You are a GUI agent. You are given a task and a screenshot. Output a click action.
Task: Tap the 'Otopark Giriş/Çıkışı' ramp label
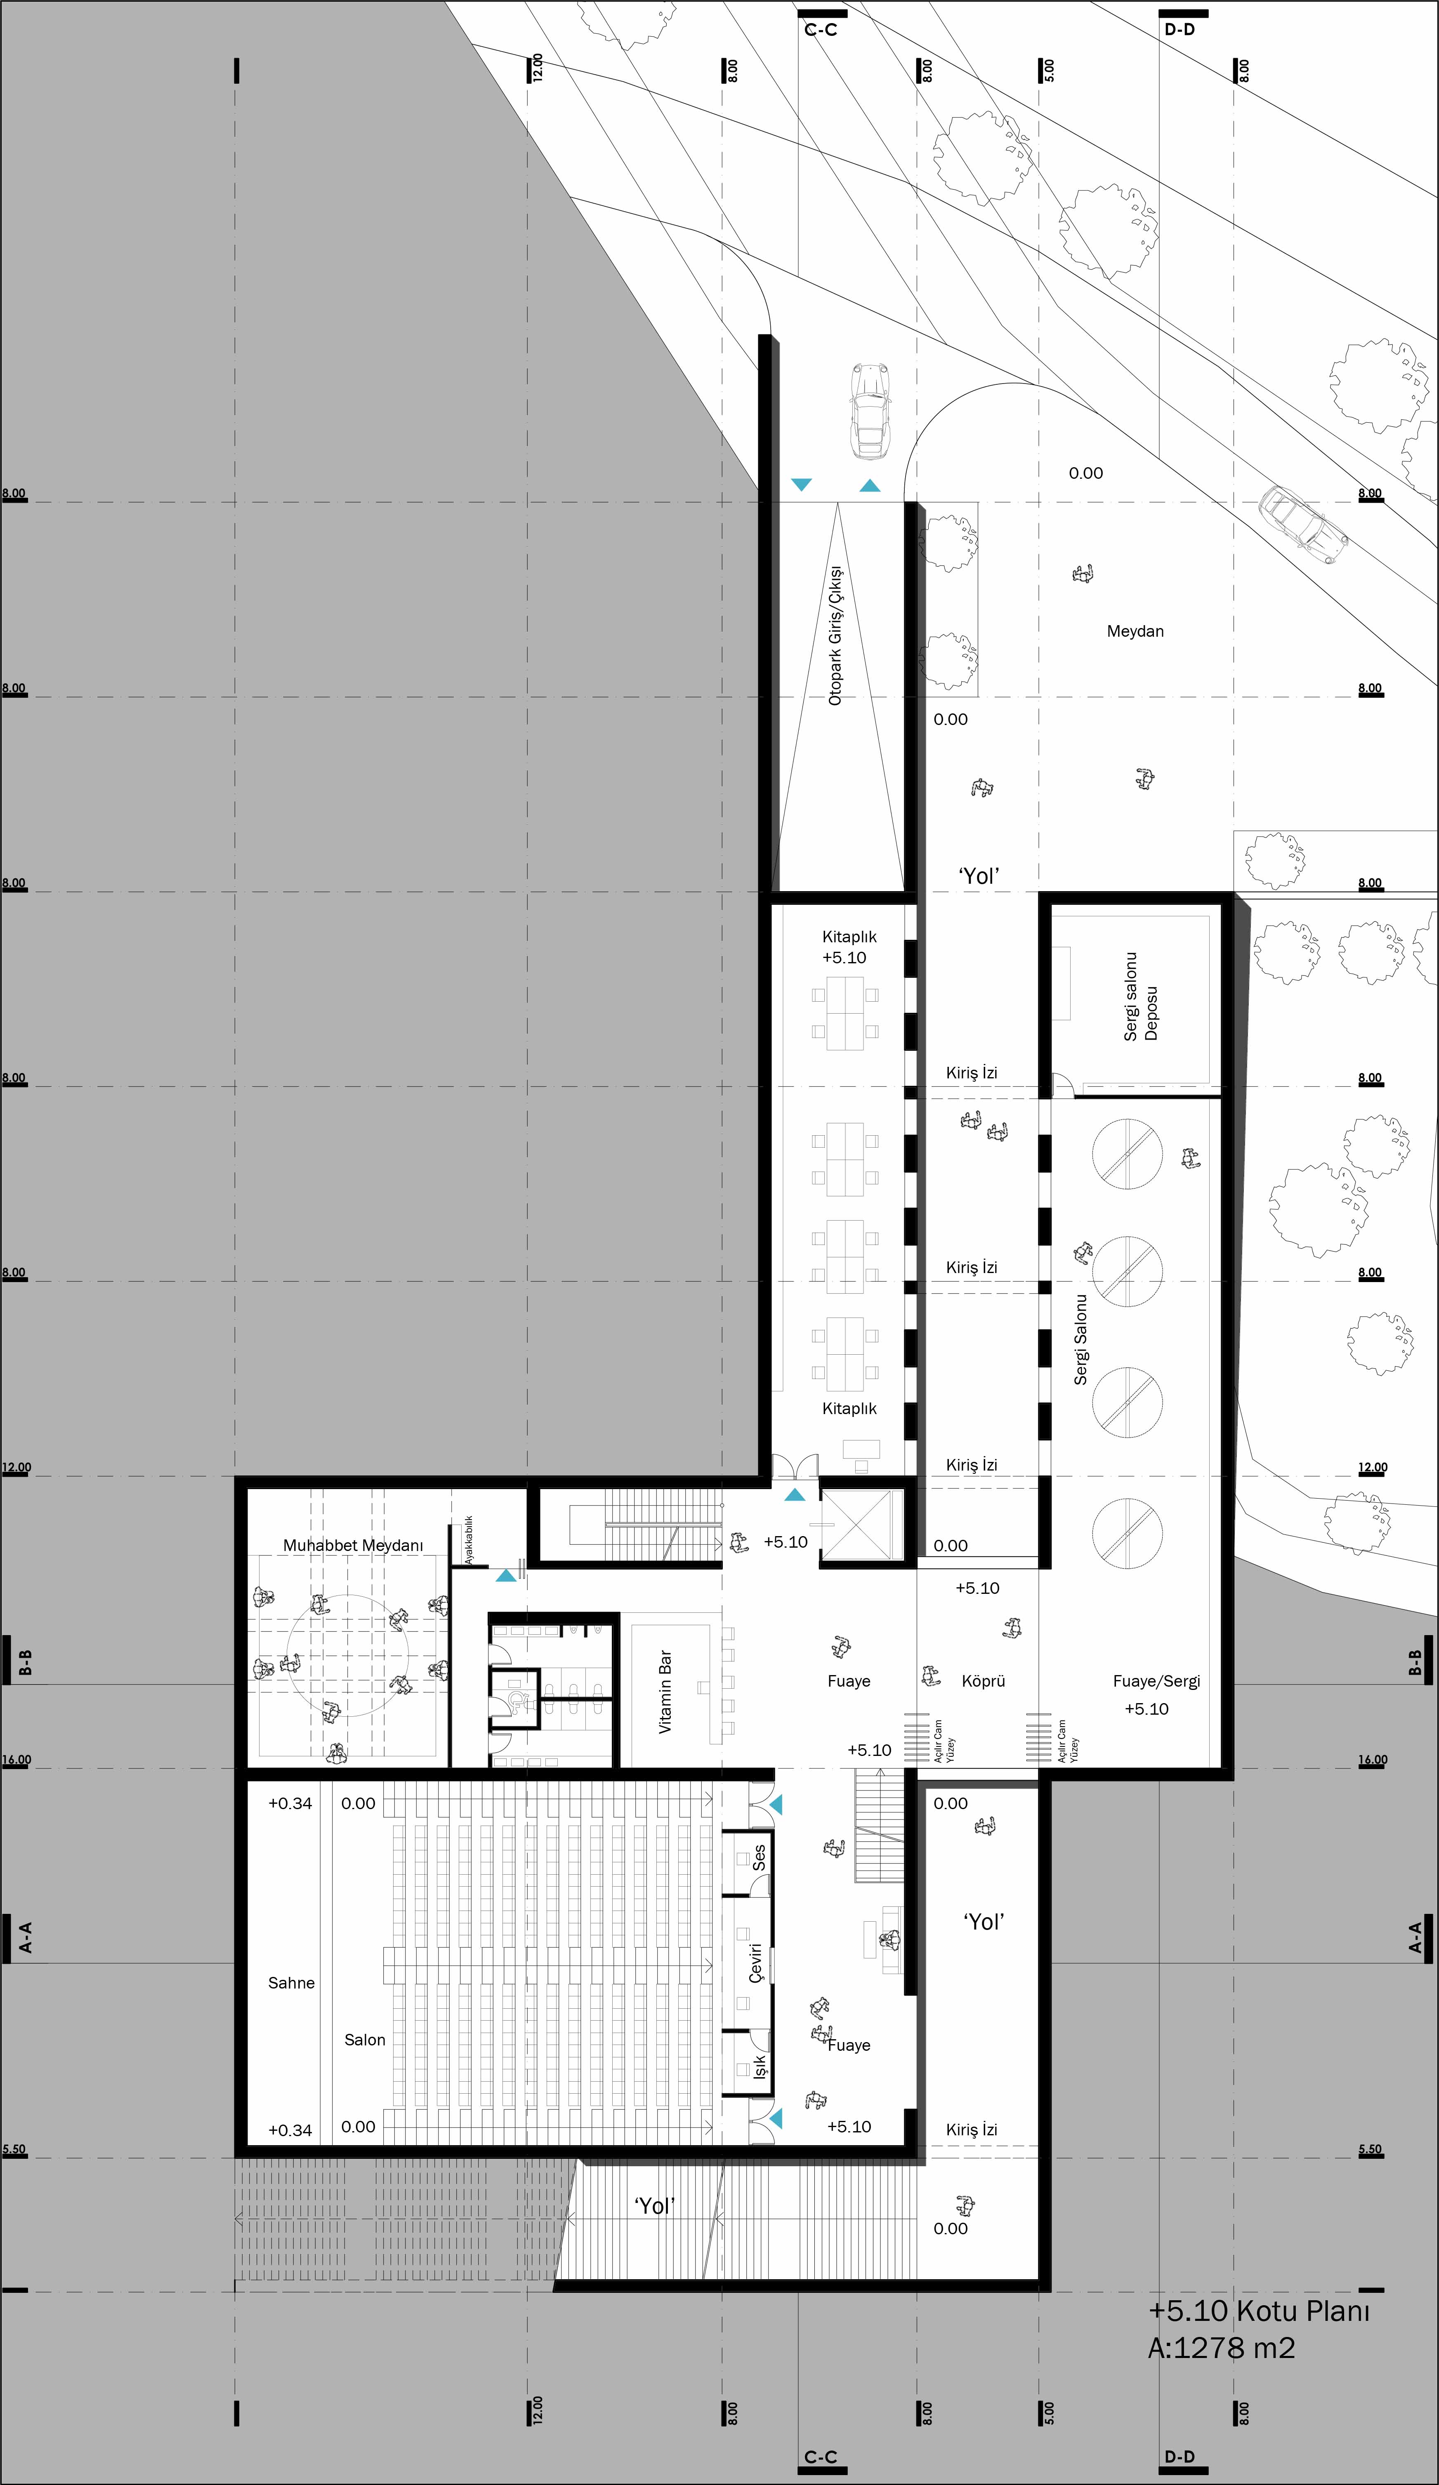(835, 635)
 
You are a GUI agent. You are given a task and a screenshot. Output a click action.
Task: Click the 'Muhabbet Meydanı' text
(353, 1545)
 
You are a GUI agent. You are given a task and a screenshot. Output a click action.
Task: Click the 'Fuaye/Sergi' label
(1156, 1680)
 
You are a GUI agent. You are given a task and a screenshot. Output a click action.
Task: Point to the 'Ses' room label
(758, 1858)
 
